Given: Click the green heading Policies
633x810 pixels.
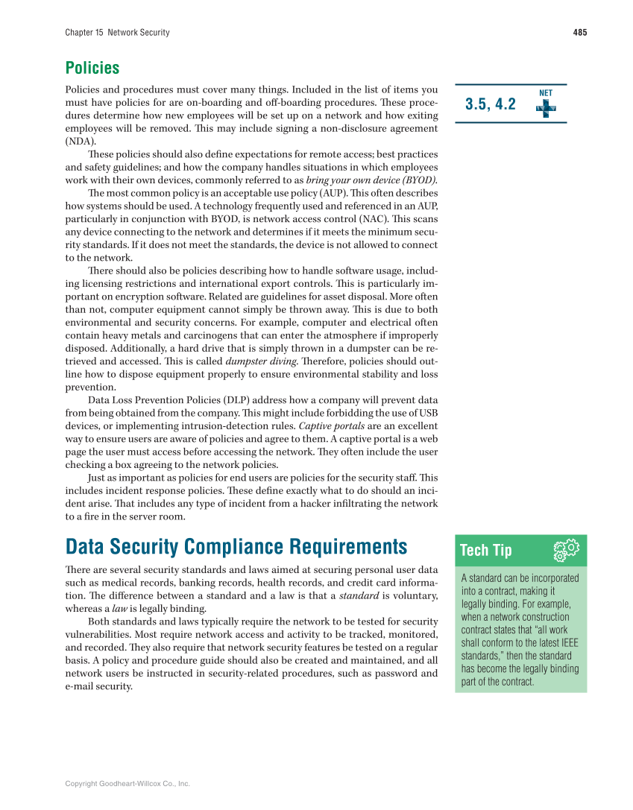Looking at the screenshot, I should click(x=92, y=68).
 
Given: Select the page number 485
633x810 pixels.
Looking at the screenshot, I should click(x=579, y=32).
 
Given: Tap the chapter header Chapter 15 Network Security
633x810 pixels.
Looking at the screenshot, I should click(x=117, y=32).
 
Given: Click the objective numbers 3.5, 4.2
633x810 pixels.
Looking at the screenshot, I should click(x=490, y=104).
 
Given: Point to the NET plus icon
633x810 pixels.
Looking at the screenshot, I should click(x=546, y=106).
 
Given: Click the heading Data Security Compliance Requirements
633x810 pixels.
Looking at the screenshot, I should click(x=236, y=547).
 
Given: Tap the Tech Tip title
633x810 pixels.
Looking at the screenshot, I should click(x=486, y=551).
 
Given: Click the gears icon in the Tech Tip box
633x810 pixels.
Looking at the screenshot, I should click(x=566, y=551).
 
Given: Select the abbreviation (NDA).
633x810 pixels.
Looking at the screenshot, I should click(x=81, y=141).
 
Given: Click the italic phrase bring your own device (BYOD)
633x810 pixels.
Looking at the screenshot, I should click(x=371, y=180).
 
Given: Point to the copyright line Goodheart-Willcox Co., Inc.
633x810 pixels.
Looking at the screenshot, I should click(x=127, y=784).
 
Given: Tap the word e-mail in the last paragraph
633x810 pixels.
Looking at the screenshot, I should click(x=81, y=686).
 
